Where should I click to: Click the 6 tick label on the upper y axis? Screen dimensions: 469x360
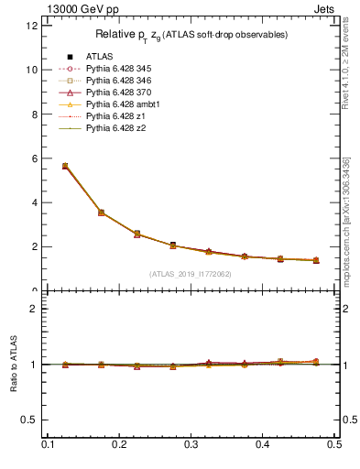(x=34, y=158)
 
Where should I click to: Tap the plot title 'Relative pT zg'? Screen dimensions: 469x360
(x=191, y=35)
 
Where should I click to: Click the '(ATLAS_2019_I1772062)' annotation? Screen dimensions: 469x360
(x=191, y=274)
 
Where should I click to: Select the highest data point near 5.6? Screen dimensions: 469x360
(x=64, y=166)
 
